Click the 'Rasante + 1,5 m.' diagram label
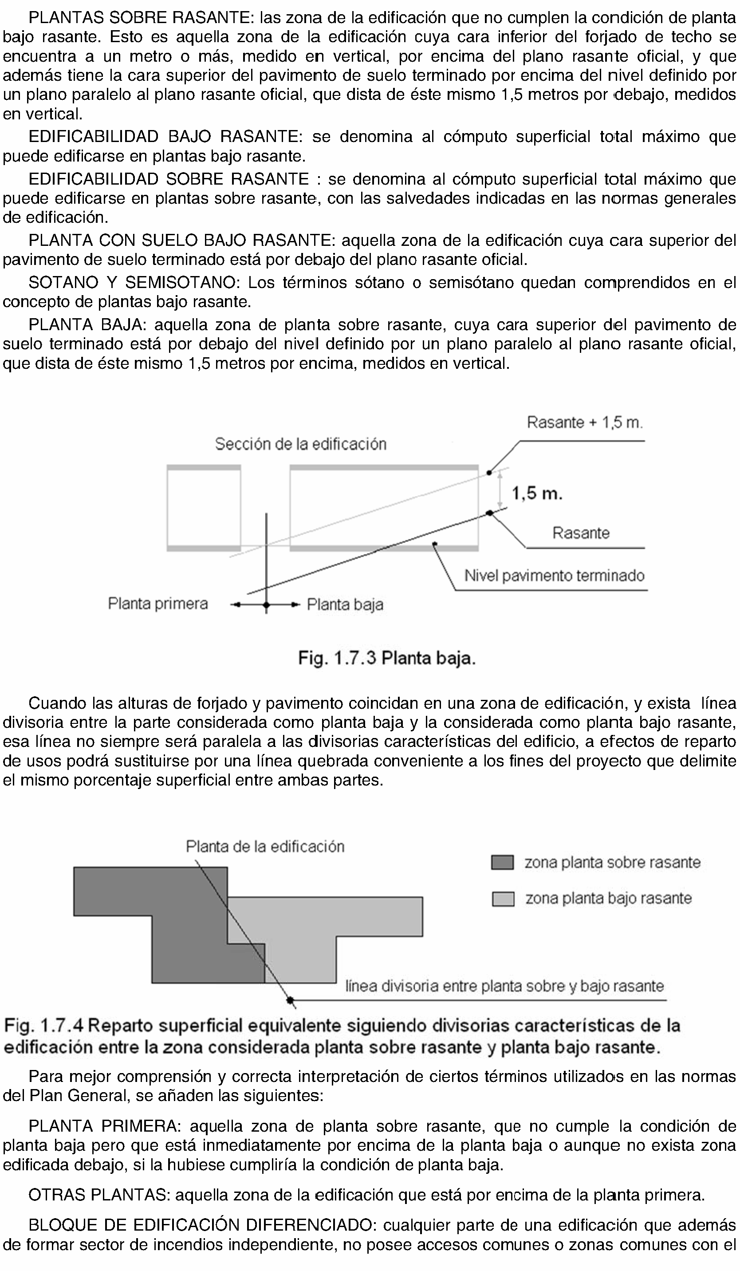tap(585, 422)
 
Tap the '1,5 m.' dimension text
tap(537, 493)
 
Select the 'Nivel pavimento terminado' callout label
tap(554, 576)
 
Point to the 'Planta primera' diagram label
tap(158, 604)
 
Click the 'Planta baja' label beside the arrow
tap(345, 604)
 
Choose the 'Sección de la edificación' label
tap(300, 444)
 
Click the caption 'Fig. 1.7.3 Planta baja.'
tap(386, 658)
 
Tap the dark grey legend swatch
tap(502, 862)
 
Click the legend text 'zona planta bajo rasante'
tap(608, 898)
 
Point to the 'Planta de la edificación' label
tap(265, 847)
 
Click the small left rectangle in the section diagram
tap(204, 508)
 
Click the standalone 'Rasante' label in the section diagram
tap(581, 533)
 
